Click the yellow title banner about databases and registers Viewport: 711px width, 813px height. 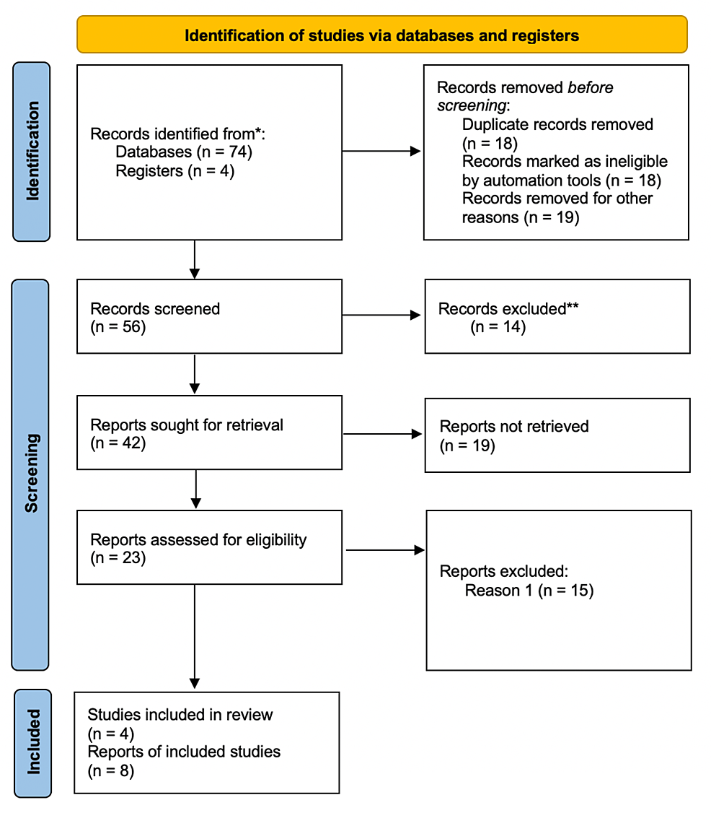381,35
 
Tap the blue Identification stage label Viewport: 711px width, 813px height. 32,151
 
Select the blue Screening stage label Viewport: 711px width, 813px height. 30,474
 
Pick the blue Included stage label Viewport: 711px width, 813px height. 32,743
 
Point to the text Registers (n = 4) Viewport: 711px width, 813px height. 175,171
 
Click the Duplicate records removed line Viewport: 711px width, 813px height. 557,124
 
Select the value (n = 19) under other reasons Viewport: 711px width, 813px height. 521,217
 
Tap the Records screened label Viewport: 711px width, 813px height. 155,309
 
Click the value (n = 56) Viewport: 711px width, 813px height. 118,327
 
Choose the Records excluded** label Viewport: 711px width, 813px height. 509,309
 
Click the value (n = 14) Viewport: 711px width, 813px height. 498,327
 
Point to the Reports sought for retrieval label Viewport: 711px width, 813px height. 187,425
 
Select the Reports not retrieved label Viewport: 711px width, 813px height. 514,426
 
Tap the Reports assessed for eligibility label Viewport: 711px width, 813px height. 198,539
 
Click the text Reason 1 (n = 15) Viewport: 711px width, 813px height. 529,591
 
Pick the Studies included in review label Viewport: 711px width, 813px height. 180,715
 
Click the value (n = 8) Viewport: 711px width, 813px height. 111,770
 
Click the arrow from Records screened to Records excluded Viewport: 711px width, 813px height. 382,316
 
